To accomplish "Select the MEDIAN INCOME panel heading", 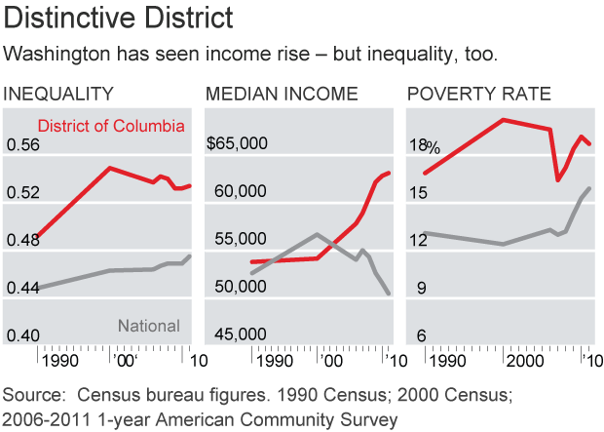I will [x=281, y=95].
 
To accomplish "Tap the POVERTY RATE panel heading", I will [x=478, y=95].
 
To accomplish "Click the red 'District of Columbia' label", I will [x=111, y=126].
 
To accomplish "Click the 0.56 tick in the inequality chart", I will [x=26, y=145].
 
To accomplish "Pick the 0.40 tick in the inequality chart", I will [x=26, y=335].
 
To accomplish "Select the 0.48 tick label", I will [x=26, y=241].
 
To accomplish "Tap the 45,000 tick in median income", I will [x=240, y=335].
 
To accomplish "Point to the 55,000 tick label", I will [x=240, y=240].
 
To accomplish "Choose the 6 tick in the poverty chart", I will [x=422, y=335].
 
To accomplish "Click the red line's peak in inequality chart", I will [x=110, y=168].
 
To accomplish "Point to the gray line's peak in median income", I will [x=317, y=234].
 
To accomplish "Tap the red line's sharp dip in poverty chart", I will [x=558, y=179].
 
